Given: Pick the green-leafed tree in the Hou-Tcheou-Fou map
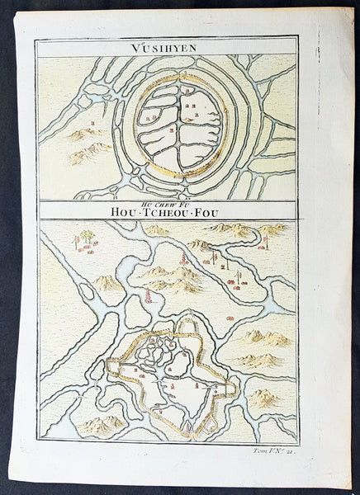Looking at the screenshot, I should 85,238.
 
